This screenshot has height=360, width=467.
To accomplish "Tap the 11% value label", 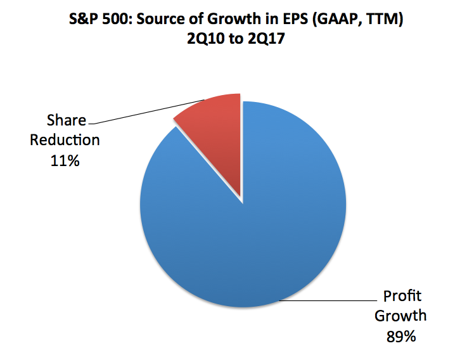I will click(x=65, y=161).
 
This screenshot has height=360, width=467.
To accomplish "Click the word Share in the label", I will click(x=65, y=120).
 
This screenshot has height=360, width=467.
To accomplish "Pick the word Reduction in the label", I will click(x=65, y=140).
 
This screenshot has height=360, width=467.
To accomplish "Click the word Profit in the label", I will click(x=400, y=295).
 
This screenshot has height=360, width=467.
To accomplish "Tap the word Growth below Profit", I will click(x=400, y=316).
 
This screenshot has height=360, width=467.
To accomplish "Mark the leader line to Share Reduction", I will click(x=146, y=110).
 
